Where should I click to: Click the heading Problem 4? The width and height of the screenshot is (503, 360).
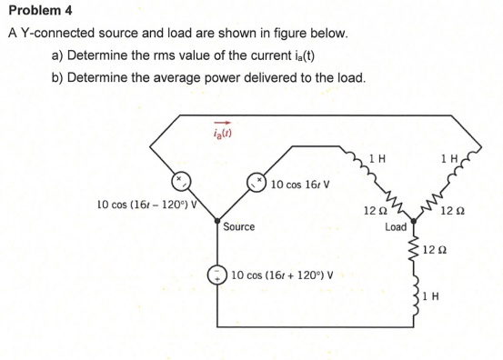pyautogui.click(x=35, y=12)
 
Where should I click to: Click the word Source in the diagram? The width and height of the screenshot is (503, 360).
pyautogui.click(x=239, y=226)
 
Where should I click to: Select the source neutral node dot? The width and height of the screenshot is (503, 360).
pyautogui.click(x=217, y=219)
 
